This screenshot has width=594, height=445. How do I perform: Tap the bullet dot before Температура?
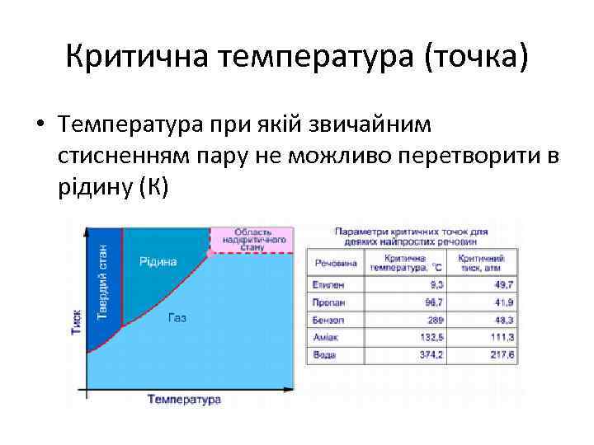click(x=39, y=126)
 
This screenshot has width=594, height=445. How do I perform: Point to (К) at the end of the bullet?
click(x=153, y=186)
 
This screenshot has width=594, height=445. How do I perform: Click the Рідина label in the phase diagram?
click(x=158, y=261)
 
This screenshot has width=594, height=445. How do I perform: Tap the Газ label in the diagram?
click(x=177, y=317)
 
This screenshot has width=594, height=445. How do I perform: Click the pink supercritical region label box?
click(x=252, y=238)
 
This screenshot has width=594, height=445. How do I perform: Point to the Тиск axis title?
click(x=77, y=321)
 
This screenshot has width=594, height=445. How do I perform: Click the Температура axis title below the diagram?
click(x=184, y=399)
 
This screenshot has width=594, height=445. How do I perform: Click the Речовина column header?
click(x=336, y=263)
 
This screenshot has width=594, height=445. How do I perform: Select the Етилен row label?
click(x=328, y=284)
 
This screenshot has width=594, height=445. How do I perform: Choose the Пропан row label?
click(x=328, y=302)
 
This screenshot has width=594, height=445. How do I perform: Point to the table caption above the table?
click(x=412, y=237)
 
